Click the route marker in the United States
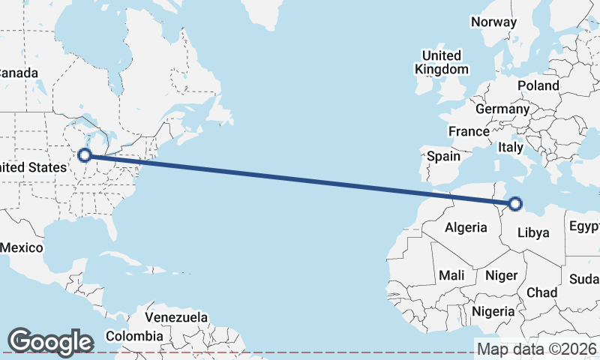coord(85,155)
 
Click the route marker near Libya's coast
coord(515,202)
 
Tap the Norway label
coord(493,22)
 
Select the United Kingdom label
coord(442,62)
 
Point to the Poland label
coord(538,85)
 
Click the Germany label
coord(502,109)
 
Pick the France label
coord(469,131)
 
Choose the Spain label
coord(443,157)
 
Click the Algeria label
coord(466,227)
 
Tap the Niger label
coord(502,275)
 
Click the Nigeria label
coord(493,310)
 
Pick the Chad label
coord(541,292)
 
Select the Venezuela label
coord(176,317)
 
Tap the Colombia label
coord(134,335)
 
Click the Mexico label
coord(22,247)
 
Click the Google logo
coord(49,341)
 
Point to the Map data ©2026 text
coord(537,349)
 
